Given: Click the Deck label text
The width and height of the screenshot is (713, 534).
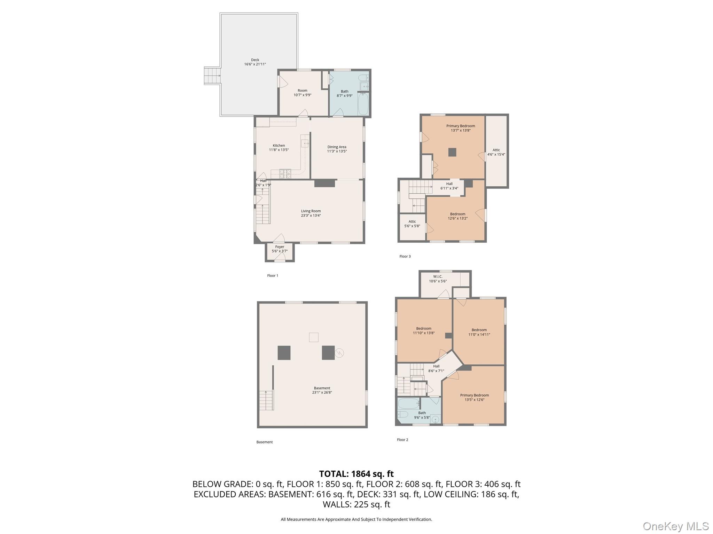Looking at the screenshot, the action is (255, 60).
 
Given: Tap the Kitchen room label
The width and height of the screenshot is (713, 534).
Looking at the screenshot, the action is (279, 145).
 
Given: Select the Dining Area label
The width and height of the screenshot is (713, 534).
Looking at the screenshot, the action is (337, 147).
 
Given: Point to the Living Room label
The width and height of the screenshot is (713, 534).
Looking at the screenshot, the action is (311, 211).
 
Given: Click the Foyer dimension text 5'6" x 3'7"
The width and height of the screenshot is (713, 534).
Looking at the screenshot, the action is (280, 251).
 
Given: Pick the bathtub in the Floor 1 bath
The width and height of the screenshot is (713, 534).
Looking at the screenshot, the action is (362, 104).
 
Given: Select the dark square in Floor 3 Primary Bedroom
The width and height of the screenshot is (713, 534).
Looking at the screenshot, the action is (452, 152).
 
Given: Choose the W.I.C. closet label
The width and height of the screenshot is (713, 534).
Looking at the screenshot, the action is (438, 277).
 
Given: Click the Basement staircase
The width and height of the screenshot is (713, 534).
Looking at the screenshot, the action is (266, 400).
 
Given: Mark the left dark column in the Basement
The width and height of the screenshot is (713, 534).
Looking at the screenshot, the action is (284, 353).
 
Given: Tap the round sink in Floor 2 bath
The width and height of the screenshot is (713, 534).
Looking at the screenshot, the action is (435, 420).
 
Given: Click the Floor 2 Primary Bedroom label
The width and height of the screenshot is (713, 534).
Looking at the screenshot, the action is (474, 395).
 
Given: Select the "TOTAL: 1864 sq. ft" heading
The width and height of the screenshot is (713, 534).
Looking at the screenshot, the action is (356, 474).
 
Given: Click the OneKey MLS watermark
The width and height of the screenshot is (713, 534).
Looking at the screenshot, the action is (675, 526).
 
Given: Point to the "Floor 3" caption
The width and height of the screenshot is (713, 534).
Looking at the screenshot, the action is (405, 257).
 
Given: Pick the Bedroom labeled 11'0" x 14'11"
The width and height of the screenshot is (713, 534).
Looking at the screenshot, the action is (479, 332).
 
